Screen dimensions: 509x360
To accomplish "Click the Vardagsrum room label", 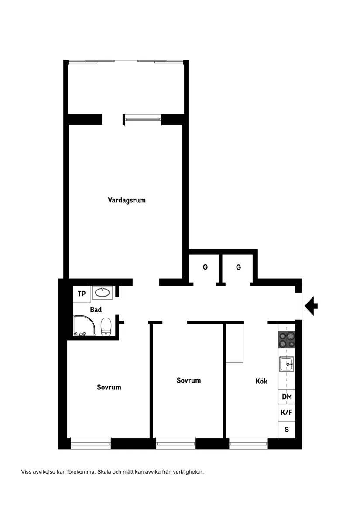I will (127, 200).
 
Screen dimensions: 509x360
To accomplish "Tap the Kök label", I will (261, 381).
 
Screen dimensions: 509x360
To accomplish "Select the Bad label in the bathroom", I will (96, 310).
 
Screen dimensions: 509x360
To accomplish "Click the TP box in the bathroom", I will (82, 294).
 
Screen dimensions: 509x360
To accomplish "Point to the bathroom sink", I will (103, 292).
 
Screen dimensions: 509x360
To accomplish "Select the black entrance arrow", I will (311, 305).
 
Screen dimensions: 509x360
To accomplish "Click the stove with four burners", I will (287, 339).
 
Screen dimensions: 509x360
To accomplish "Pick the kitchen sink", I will (287, 363).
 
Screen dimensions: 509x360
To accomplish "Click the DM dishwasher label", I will (287, 397).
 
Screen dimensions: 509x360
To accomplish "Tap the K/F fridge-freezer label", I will (287, 412).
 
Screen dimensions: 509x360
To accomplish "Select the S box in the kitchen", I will (287, 429).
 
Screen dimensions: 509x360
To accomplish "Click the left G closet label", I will (205, 267).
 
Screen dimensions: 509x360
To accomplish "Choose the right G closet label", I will (239, 267).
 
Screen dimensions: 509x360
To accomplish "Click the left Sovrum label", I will (109, 387).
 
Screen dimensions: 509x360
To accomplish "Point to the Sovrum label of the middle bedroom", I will (189, 380).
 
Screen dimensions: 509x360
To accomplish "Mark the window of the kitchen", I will (248, 443).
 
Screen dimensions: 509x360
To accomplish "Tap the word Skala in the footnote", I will (105, 471).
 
